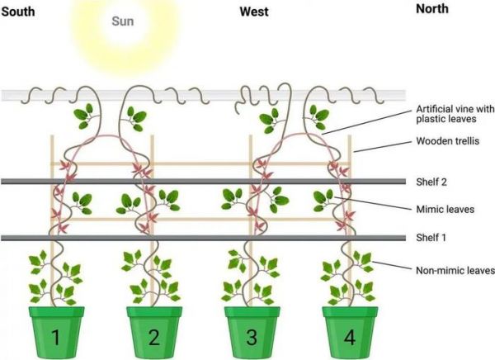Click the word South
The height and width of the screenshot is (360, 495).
18,12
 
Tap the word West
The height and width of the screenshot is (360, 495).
254,12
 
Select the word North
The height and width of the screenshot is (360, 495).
432,9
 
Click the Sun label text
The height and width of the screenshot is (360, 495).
123,21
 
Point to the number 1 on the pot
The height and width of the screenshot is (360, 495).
56,337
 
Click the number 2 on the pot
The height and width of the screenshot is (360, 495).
153,337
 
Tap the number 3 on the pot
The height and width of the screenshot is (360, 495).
252,337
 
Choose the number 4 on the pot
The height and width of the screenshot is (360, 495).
350,337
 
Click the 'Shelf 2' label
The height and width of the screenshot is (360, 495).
431,182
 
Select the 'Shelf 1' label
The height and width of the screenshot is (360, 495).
431,237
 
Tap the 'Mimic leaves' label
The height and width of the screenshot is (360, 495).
445,209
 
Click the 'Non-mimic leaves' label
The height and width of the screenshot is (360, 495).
455,271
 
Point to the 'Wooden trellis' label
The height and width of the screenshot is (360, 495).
448,141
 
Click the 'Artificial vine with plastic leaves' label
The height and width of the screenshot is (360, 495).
455,114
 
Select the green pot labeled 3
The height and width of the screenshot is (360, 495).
252,333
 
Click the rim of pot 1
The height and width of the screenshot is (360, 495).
56,311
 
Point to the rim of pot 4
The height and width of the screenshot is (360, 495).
350,311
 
